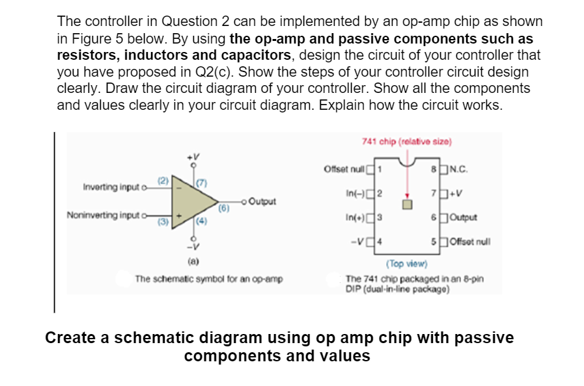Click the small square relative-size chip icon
[406, 205]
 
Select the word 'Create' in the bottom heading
[70, 339]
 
